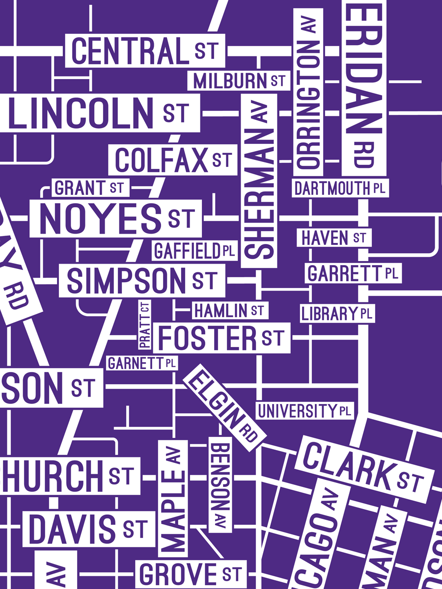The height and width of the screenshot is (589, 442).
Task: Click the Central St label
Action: [145, 51]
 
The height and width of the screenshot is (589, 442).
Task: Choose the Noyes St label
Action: [116, 218]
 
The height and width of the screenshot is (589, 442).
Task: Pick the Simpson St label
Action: [142, 280]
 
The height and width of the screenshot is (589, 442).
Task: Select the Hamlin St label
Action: [229, 310]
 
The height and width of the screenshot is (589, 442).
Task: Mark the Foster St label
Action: [221, 338]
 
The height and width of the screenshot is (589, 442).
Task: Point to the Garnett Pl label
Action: [142, 364]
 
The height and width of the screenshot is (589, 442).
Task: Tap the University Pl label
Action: [304, 410]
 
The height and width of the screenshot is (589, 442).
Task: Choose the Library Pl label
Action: [337, 313]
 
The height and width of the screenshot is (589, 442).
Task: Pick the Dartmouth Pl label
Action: [340, 187]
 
